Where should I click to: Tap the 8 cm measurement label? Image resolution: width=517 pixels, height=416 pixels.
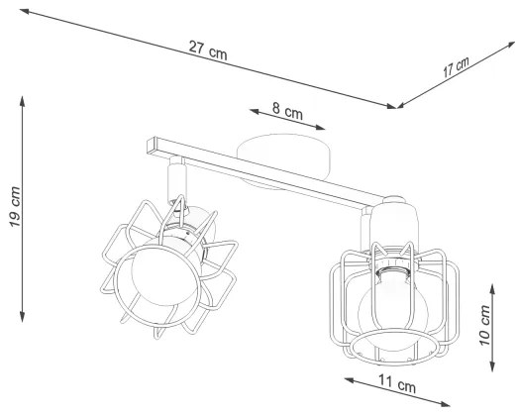[x=287, y=112]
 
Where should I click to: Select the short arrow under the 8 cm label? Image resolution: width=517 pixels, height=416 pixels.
[x=286, y=123]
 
